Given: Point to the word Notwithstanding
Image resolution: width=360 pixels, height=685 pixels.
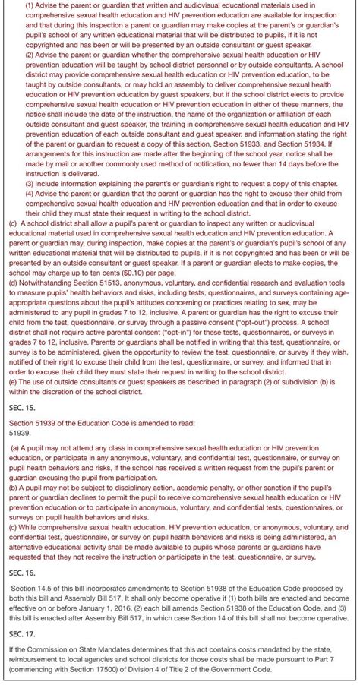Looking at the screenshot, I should [43, 281].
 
